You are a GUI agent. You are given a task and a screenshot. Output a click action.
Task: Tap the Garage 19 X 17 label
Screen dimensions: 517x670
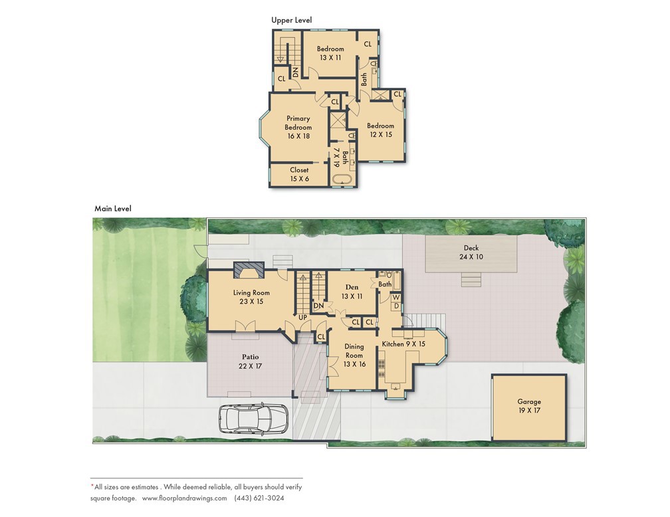pos(529,406)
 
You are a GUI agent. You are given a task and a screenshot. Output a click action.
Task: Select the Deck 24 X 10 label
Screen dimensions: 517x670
pos(471,253)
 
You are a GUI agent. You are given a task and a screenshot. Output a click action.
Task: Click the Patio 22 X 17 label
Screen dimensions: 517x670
pos(251,362)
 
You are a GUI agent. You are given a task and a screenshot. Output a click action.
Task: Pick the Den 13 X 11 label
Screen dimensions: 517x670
pos(352,292)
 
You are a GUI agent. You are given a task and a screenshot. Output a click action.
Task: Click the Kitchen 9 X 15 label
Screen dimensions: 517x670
pos(403,344)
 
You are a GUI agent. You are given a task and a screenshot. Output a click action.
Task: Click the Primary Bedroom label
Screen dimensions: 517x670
pos(298,127)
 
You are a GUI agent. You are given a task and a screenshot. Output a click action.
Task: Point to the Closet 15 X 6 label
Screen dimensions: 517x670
pos(299,174)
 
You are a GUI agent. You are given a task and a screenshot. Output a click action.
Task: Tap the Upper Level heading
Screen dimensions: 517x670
pos(291,20)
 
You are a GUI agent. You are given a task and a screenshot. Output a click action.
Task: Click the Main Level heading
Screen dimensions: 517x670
pos(113,208)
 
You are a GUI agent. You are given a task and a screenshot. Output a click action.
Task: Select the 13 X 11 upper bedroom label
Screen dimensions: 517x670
pos(330,53)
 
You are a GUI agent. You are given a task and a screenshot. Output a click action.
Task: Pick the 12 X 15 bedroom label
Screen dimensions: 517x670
pos(380,130)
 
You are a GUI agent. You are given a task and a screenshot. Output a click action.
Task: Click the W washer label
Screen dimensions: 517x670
pos(395,297)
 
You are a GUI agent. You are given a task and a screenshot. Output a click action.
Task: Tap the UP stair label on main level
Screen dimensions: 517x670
pos(302,317)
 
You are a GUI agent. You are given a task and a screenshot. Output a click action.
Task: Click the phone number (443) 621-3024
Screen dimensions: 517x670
pos(261,498)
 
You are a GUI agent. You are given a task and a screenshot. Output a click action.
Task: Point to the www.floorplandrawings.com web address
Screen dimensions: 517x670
pos(184,498)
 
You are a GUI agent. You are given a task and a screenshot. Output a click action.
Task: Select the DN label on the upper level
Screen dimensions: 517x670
pos(294,72)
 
